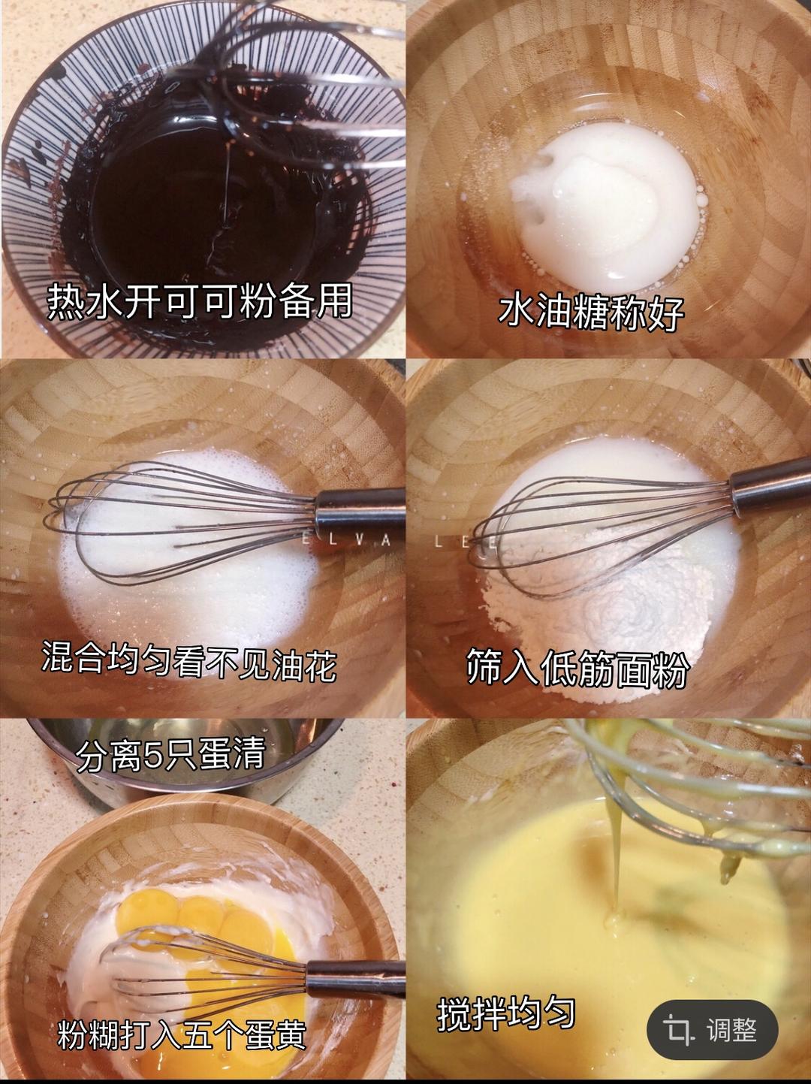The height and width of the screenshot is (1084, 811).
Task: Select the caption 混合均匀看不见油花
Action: point(189,662)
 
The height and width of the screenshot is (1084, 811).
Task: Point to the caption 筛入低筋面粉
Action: point(577,668)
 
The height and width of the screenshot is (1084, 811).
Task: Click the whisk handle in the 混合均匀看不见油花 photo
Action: point(361,508)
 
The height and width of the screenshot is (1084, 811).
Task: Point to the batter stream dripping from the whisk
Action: point(616,859)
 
